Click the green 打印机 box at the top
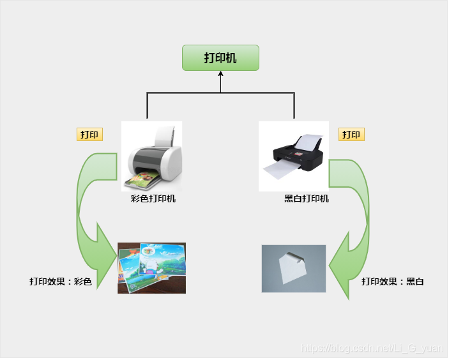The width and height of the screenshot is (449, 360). coord(220,57)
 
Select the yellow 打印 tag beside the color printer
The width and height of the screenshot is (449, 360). coord(89,134)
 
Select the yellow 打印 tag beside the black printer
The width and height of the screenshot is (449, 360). coord(351,134)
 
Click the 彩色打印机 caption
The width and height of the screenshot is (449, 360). coord(153,199)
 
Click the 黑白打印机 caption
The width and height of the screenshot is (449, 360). coord(307,199)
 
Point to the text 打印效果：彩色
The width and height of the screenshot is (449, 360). coord(61,281)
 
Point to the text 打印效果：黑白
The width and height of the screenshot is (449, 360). coord(393,281)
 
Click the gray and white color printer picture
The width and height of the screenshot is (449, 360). coord(152,156)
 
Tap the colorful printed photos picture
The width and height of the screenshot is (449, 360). coord(151,267)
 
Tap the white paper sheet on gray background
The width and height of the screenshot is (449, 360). coord(294,268)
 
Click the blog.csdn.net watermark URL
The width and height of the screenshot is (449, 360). coord(370,348)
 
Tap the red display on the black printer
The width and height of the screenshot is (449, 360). coord(294,154)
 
